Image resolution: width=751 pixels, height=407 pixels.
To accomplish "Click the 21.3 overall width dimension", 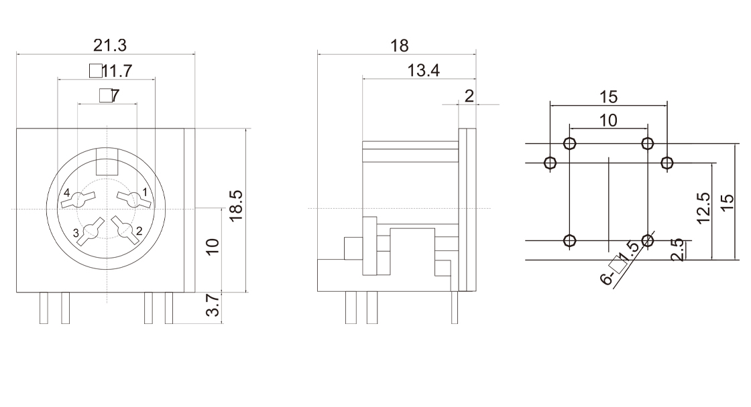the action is [x=110, y=46].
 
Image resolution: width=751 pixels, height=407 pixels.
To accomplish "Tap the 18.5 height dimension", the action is [x=236, y=206].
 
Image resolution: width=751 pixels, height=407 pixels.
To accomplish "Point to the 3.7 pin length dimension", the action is [x=213, y=305].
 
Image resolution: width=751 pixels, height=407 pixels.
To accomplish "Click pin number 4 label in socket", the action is [x=66, y=193].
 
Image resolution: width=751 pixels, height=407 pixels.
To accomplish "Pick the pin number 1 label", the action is [x=145, y=192].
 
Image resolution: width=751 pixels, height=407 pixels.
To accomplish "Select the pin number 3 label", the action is [x=76, y=234].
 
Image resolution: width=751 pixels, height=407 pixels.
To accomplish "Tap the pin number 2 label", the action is [x=139, y=232].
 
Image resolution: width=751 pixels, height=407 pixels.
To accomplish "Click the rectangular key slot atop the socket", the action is [x=107, y=161].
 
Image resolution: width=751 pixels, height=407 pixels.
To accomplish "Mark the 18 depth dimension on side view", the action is [x=400, y=46].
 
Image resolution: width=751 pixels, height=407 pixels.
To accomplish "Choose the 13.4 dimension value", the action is [x=423, y=71].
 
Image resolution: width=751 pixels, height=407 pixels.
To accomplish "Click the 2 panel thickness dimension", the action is [x=469, y=96].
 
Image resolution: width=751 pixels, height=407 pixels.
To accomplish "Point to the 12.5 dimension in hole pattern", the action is [x=703, y=209].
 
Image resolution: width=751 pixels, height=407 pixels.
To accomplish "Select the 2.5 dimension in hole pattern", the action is [x=677, y=250].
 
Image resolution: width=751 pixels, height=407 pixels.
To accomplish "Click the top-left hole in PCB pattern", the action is [x=569, y=143].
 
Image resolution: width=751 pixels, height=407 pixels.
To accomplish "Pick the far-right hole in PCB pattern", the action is [x=667, y=163].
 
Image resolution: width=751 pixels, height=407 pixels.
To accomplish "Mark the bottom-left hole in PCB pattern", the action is [x=569, y=240].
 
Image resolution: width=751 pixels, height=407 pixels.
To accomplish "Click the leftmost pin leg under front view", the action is [x=44, y=307].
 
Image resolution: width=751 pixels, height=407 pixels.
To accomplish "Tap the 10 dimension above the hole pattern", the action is [x=608, y=120].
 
